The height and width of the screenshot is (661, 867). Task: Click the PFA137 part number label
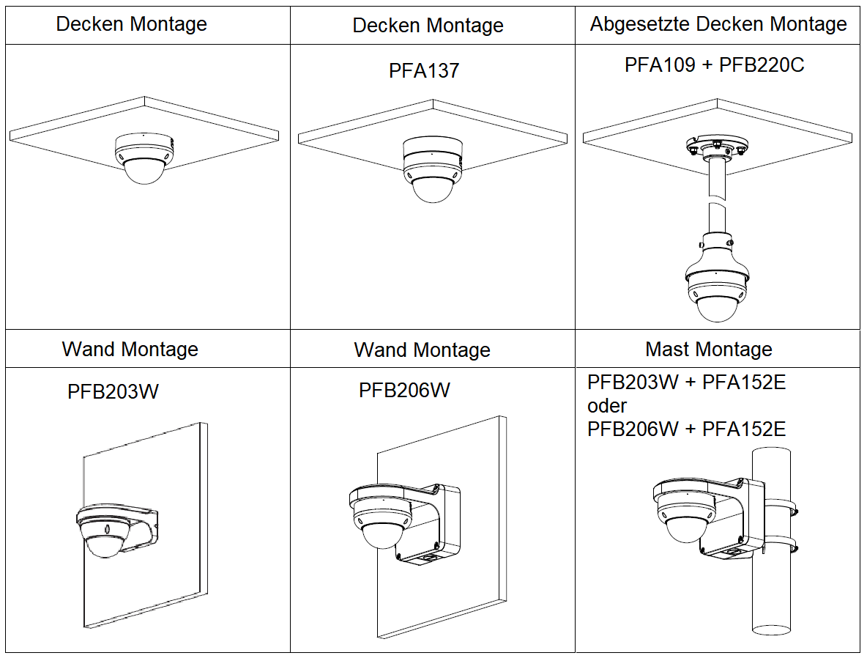pos(424,71)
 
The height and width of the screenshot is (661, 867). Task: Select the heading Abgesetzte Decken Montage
pos(718,24)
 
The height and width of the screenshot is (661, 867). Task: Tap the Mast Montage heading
pos(708,349)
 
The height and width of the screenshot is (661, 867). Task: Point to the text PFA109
pos(660,64)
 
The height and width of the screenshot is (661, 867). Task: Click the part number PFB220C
pos(762,64)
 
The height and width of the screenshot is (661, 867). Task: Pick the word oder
pos(607,405)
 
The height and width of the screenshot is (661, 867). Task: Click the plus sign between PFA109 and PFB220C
pos(707,65)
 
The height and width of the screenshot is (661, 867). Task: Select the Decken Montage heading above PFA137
pos(428,26)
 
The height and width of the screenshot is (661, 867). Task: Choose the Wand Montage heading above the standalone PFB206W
pos(422,350)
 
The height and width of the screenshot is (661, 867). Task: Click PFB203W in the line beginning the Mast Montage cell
pos(633,383)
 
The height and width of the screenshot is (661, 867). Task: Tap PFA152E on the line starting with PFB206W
pos(743,429)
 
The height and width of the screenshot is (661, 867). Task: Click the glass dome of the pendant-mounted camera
pos(715,309)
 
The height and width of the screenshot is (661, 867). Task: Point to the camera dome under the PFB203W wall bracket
pos(105,545)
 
